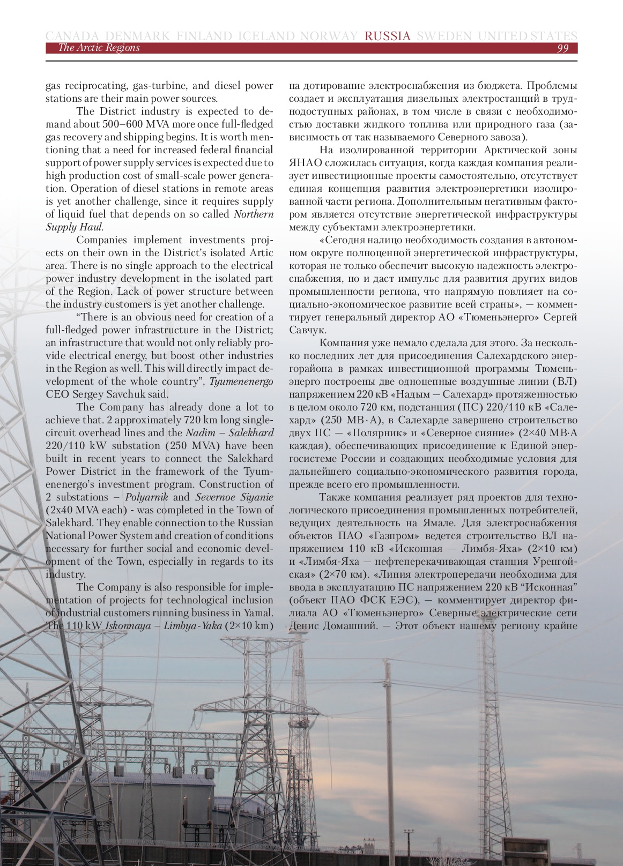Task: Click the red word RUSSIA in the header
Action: (x=387, y=36)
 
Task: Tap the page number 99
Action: (x=562, y=48)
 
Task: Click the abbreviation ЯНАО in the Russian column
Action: (x=306, y=162)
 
